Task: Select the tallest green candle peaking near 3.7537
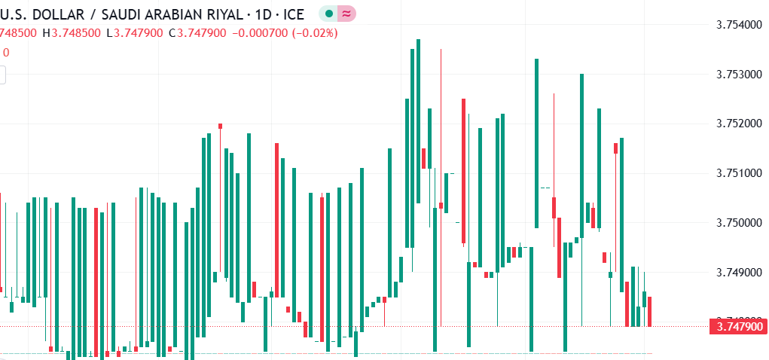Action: [x=418, y=121]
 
